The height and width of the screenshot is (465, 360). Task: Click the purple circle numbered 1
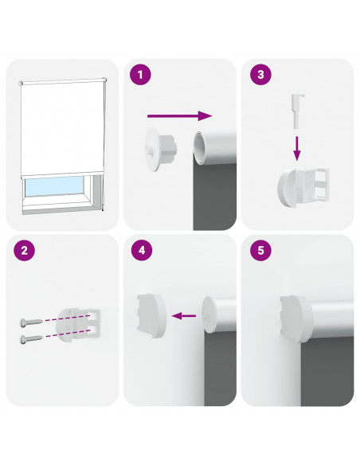pos(140,74)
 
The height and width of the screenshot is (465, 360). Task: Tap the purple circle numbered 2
pos(24,251)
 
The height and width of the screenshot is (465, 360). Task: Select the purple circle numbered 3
pos(260,74)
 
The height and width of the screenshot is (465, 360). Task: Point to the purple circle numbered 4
pos(142,250)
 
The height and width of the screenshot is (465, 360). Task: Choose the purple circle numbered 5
pos(260,250)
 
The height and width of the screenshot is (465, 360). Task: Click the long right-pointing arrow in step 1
pos(180,115)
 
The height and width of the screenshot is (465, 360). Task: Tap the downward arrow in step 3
pos(297,148)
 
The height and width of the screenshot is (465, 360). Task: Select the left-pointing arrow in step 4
pos(183,316)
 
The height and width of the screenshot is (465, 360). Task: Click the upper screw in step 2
pos(31,322)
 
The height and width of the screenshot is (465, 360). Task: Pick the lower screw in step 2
pos(31,338)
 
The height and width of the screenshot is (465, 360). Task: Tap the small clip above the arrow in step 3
pos(297,111)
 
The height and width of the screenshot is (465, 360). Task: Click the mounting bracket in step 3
pos(303,187)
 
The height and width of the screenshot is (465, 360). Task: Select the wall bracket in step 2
pos(78,324)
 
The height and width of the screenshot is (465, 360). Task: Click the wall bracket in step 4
pos(152,316)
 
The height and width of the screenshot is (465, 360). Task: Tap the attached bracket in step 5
pos(296,318)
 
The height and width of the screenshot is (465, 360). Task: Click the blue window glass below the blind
pos(54,186)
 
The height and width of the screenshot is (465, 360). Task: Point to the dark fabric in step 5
pos(327,372)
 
